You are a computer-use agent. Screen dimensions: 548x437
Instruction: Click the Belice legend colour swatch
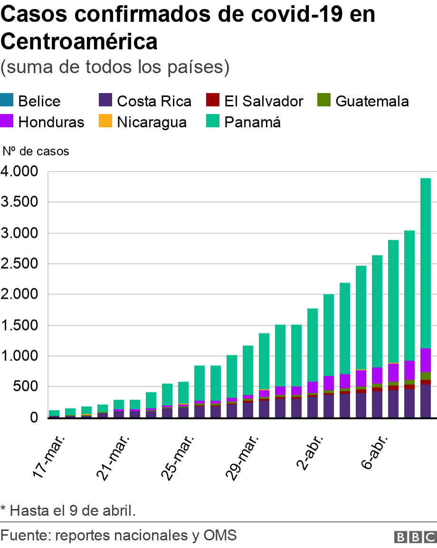pos(8,101)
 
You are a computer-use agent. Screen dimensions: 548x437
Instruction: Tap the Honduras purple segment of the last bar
pos(426,360)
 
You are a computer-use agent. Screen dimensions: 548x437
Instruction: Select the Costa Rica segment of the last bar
pos(426,401)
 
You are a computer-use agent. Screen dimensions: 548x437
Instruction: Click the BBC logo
pos(415,537)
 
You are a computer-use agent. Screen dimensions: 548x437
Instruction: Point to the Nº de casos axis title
pos(36,151)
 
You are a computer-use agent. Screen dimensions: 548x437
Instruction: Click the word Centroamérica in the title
pos(79,42)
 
